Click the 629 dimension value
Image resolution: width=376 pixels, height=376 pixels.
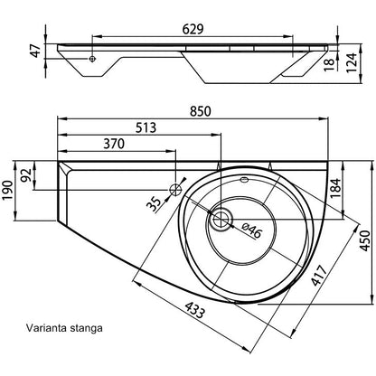pyautogui.click(x=193, y=30)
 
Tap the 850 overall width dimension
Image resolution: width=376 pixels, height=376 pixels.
pyautogui.click(x=201, y=111)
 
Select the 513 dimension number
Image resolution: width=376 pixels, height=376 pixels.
pyautogui.click(x=146, y=127)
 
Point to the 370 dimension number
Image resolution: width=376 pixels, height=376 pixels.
pyautogui.click(x=114, y=144)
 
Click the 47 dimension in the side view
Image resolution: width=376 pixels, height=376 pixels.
pyautogui.click(x=36, y=51)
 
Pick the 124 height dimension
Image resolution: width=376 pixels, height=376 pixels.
pyautogui.click(x=351, y=62)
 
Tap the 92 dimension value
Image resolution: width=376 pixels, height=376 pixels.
pyautogui.click(x=27, y=175)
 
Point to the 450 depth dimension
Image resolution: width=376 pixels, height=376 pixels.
pyautogui.click(x=365, y=240)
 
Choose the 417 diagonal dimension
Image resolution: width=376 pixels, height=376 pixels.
pyautogui.click(x=319, y=276)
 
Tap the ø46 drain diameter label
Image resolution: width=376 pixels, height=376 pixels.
pyautogui.click(x=251, y=230)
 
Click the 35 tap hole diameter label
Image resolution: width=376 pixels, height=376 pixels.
pyautogui.click(x=155, y=204)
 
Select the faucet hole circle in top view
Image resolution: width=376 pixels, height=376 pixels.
pyautogui.click(x=175, y=190)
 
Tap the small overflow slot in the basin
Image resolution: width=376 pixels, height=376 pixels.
pyautogui.click(x=244, y=180)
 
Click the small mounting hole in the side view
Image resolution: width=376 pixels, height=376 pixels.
pyautogui.click(x=92, y=59)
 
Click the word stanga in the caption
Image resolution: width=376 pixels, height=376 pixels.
pyautogui.click(x=86, y=328)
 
